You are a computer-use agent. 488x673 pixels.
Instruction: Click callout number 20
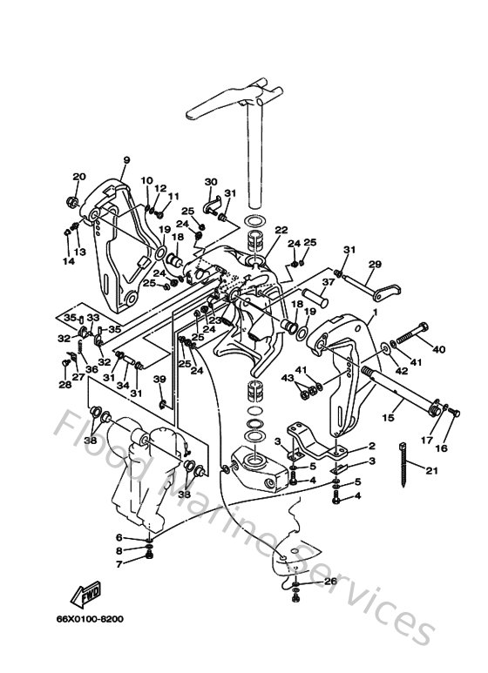point(79,177)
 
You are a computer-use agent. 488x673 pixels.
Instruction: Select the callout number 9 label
point(125,160)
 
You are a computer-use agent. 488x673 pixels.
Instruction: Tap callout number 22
point(281,231)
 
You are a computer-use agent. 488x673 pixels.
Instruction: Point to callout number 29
point(376,264)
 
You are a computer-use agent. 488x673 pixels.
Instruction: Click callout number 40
point(438,350)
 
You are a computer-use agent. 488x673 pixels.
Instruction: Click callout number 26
point(330,581)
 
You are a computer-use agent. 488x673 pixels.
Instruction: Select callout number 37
point(329,282)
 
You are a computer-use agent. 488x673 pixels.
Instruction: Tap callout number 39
point(159,379)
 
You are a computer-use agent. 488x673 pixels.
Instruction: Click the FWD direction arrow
point(88,597)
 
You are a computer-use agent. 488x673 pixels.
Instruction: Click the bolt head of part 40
point(423,327)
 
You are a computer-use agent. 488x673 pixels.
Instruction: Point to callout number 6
point(119,537)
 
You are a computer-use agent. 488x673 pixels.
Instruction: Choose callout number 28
point(64,384)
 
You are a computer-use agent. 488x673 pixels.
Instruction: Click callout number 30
point(210,182)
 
